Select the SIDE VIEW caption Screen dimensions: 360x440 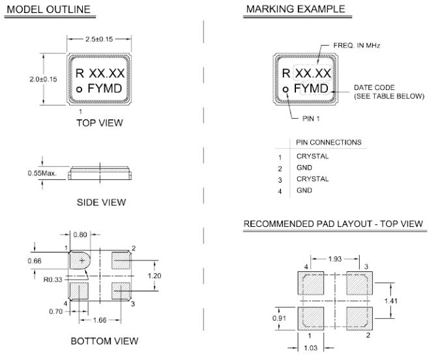point(101,203)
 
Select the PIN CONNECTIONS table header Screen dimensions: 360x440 point(329,142)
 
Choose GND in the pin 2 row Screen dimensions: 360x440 point(304,168)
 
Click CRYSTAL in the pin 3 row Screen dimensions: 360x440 point(312,179)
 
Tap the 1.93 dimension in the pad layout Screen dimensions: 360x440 point(334,260)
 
